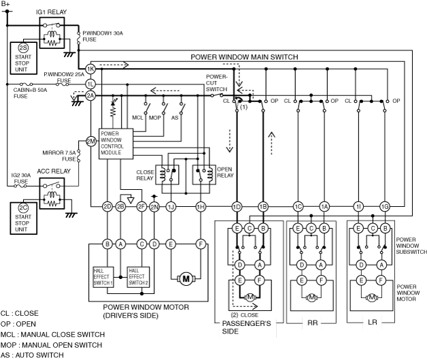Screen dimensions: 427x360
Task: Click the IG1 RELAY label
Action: click(52, 12)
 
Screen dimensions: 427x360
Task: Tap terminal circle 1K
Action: click(90, 69)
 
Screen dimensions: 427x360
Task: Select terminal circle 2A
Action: click(90, 96)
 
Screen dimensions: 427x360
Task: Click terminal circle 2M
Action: click(91, 142)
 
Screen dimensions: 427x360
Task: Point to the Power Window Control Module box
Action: click(116, 144)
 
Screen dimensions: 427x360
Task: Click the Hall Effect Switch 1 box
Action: click(103, 277)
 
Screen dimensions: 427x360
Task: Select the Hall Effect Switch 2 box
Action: click(138, 277)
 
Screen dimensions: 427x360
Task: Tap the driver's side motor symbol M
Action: click(186, 279)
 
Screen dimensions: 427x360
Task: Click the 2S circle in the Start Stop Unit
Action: click(23, 48)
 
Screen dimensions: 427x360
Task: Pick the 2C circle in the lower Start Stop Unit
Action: click(23, 208)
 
